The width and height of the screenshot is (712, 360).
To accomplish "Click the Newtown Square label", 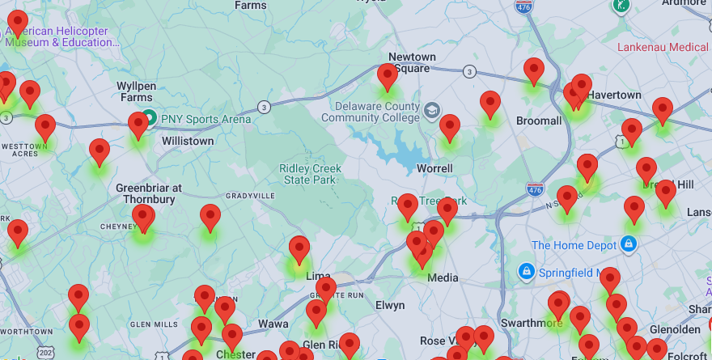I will (x=412, y=62).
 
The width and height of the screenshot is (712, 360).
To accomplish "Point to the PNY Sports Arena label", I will (x=206, y=119).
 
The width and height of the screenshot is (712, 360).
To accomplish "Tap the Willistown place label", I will (x=188, y=141).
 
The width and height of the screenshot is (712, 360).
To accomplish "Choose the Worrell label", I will (x=434, y=168).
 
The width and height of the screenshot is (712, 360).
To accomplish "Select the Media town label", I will (x=443, y=277).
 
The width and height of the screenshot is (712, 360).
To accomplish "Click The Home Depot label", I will (x=573, y=245).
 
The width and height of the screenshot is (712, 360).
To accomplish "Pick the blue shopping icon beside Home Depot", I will (x=629, y=244).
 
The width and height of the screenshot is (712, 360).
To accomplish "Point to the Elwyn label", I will (x=390, y=305).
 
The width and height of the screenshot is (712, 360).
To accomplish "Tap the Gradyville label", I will (x=251, y=196).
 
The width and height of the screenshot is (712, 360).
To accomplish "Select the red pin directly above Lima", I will (x=299, y=249).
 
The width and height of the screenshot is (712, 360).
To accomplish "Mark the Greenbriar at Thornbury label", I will (x=149, y=193).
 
